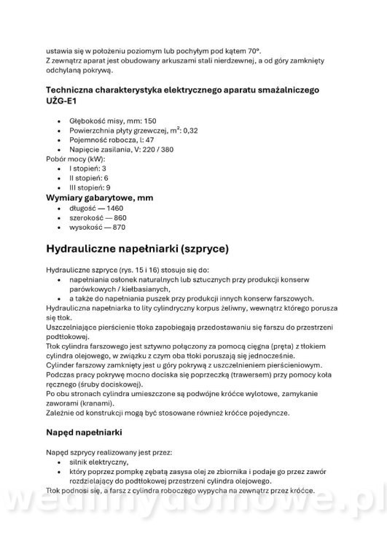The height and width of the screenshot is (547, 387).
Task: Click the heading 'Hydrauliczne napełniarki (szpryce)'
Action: click(x=137, y=249)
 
